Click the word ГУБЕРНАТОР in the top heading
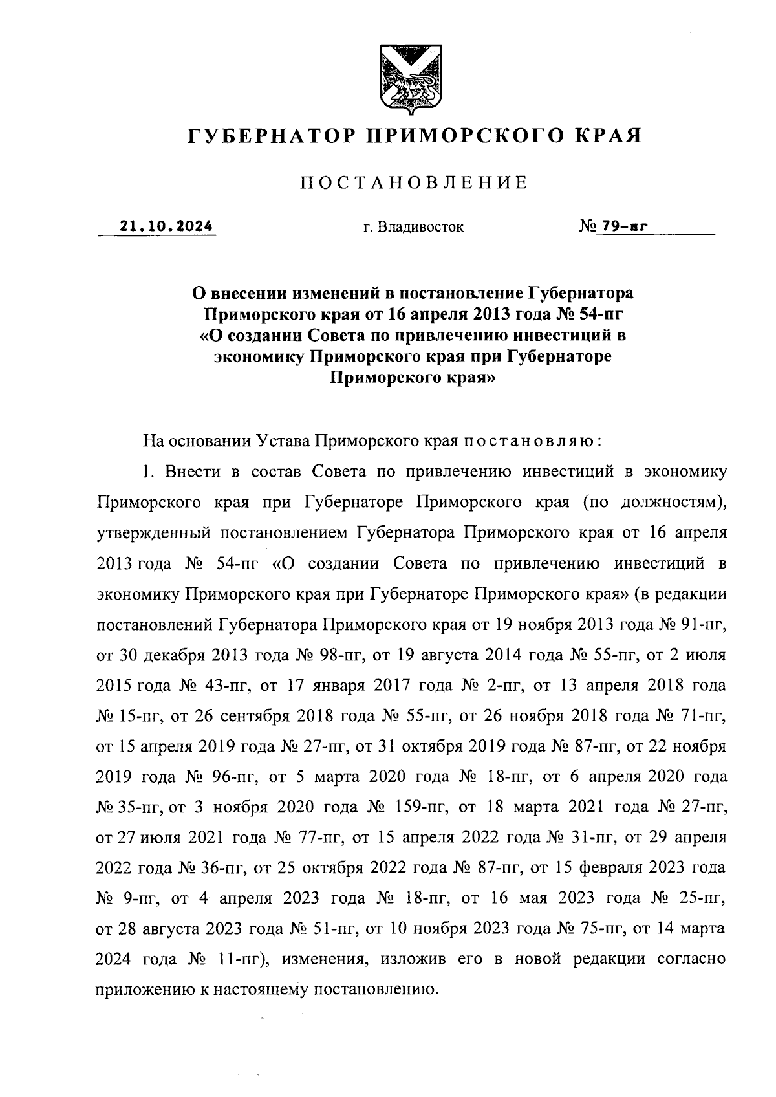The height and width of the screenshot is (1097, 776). point(272,136)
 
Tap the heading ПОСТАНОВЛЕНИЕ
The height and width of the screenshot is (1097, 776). point(413,183)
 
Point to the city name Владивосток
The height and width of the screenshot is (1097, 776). point(422,228)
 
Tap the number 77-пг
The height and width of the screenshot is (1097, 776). point(321,838)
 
